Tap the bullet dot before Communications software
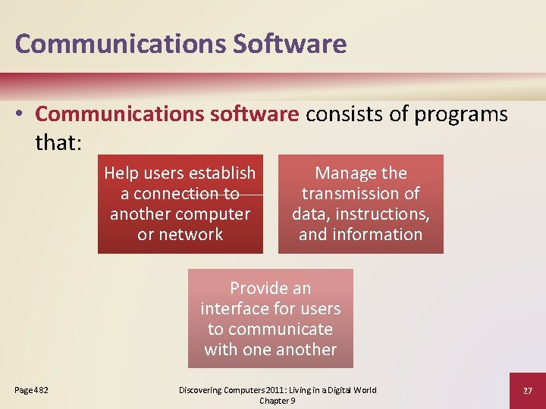coord(21,114)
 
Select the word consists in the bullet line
coord(346,114)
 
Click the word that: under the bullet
coord(57,142)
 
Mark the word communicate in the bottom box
coord(280,329)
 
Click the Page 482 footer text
coord(32,390)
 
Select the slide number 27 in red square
coord(527,390)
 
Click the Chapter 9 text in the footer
coord(278,401)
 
